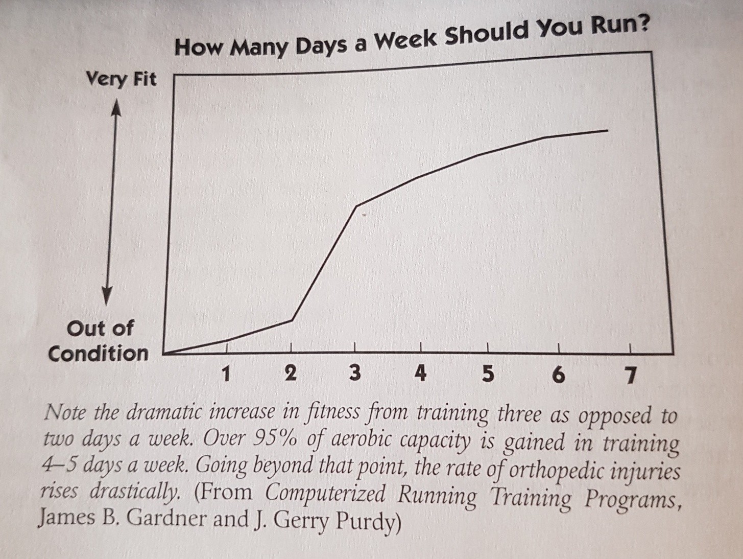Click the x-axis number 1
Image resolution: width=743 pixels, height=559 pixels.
pos(225,375)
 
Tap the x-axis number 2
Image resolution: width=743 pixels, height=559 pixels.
pos(290,374)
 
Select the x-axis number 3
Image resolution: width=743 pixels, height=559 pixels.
pos(354,374)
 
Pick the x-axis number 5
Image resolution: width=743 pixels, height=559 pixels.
pos(488,375)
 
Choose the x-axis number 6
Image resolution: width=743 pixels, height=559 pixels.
pos(559,376)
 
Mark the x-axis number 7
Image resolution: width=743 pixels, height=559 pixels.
pos(631,376)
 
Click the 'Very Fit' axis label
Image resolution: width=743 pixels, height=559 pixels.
pos(122,79)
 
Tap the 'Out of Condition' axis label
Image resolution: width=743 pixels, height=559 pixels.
pos(99,340)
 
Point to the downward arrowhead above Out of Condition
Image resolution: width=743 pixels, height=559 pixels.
pos(107,295)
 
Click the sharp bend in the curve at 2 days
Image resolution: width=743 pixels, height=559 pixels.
pos(292,320)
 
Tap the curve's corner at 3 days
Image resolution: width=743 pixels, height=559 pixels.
pos(356,205)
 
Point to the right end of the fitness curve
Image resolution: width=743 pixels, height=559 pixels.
pos(607,131)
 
